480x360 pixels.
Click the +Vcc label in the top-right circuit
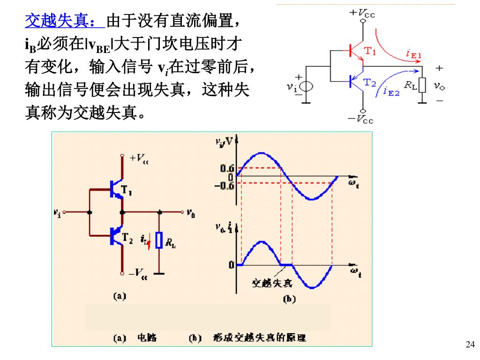point(363,13)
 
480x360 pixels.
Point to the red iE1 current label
point(414,55)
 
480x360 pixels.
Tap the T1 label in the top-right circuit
point(370,51)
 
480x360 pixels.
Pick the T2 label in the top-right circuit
point(370,82)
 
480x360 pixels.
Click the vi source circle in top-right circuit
point(308,87)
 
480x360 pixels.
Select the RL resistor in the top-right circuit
point(422,86)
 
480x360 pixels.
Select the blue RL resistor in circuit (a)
point(160,240)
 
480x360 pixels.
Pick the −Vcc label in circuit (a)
point(139,271)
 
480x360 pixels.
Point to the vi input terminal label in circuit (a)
point(57,212)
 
